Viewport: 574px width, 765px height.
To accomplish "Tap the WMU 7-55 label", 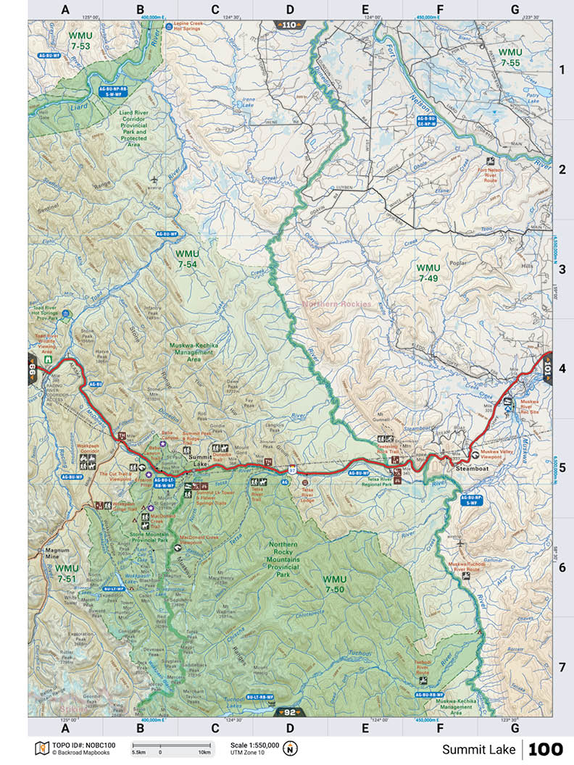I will click(x=510, y=58).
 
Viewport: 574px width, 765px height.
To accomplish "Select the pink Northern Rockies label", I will click(x=337, y=304).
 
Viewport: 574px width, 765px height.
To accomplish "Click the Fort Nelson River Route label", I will click(x=491, y=175).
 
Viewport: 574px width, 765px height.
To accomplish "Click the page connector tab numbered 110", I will click(x=288, y=25).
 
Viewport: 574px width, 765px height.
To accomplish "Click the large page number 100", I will click(x=545, y=749).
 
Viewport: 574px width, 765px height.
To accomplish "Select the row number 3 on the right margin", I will click(x=560, y=269).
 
